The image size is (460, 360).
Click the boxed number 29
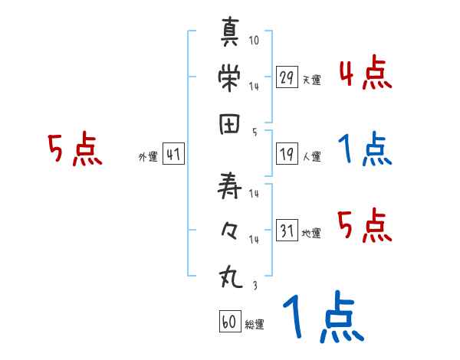pos(287,77)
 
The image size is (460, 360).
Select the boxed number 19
pos(287,154)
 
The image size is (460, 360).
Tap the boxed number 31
pos(287,230)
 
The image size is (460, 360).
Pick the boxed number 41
pos(173,154)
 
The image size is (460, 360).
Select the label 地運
pos(311,233)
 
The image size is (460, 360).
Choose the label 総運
pos(255,325)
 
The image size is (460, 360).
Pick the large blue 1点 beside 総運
pos(323,318)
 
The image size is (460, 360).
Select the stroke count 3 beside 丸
pos(254,285)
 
